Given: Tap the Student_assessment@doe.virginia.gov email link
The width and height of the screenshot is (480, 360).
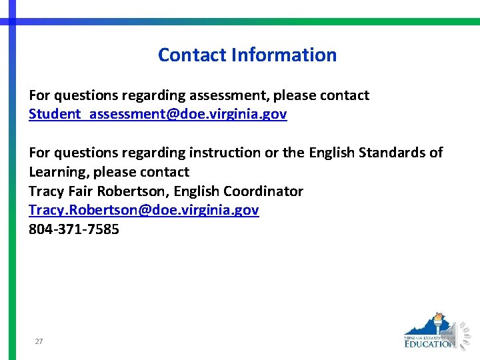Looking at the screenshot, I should pos(157,114).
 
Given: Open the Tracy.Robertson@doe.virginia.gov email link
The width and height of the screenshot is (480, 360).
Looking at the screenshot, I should pos(143,210).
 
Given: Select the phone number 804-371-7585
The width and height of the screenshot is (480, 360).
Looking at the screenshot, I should pos(74,229).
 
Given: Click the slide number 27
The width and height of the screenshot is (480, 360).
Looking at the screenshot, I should pos(39,341).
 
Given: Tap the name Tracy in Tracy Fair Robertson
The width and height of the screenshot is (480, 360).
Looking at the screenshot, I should pos(45,191).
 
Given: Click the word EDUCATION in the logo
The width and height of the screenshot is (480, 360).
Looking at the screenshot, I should pos(429,343).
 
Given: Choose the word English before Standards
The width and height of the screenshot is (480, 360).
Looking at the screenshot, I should pos(331,153).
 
